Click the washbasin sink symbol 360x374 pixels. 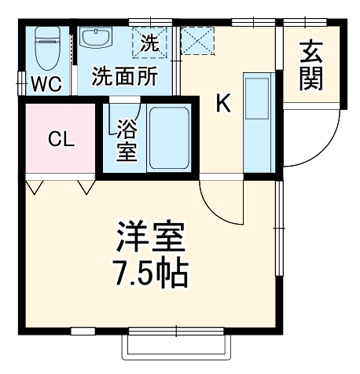(97, 38)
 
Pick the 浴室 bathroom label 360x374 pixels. (125, 138)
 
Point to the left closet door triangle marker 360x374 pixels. (34, 188)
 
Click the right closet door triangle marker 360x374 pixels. (86, 188)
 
